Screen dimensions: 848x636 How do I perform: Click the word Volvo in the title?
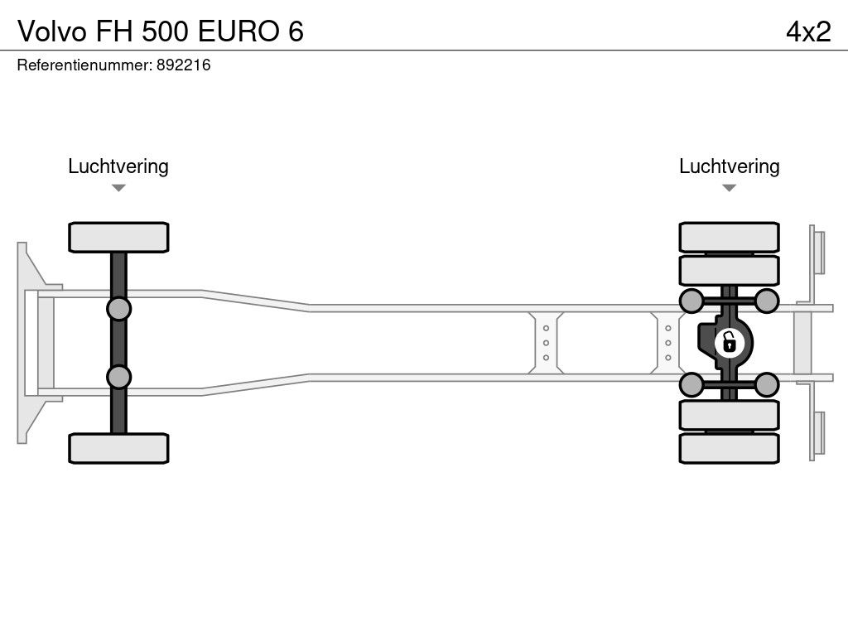(52, 31)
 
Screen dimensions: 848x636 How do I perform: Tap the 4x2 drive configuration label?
(808, 31)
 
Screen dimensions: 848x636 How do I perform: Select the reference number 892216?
(183, 65)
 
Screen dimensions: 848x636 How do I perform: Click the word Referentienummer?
(84, 65)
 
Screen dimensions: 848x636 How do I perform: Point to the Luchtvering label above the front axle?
(118, 166)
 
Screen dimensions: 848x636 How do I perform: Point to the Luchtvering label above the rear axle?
(729, 166)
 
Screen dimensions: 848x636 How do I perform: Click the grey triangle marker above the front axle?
(118, 188)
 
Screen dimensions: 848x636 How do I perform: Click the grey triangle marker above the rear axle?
(729, 188)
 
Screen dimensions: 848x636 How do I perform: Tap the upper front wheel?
(118, 237)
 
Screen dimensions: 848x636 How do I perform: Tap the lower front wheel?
(118, 448)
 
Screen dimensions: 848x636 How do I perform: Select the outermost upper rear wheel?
(729, 237)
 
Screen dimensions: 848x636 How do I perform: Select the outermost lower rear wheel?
(729, 448)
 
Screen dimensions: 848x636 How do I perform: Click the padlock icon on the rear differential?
(729, 343)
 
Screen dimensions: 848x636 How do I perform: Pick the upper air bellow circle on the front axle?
(118, 309)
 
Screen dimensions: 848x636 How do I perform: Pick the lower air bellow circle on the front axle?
(118, 377)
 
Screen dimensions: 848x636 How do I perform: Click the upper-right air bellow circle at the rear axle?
(766, 301)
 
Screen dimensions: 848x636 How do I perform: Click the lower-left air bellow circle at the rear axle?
(691, 385)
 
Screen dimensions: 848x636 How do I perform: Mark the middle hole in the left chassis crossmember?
(546, 343)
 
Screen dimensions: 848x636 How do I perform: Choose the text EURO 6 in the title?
(251, 31)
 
